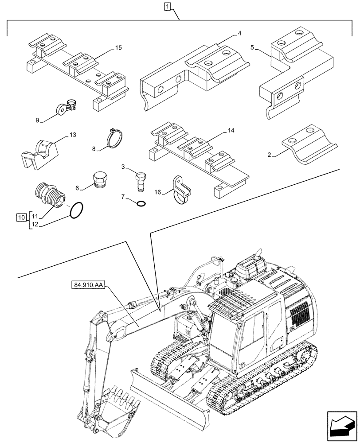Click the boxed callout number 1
coord(167,6)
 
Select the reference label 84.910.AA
coord(86,285)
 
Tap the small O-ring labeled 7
coord(141,203)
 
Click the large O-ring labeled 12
coord(78,210)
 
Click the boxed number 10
coord(21,217)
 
